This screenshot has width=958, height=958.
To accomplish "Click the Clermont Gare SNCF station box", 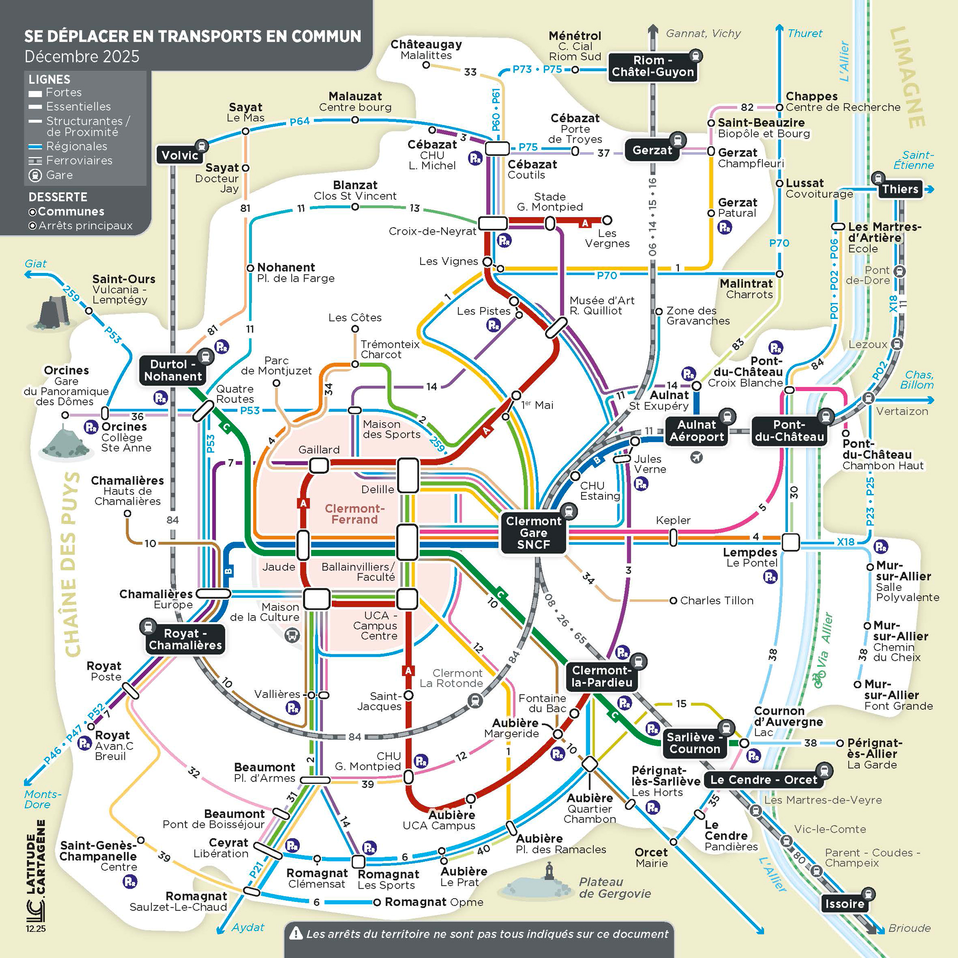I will point(533,533).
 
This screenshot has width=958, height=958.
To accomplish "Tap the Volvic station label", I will point(180,155).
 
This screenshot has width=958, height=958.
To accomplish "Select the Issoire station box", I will point(844,903).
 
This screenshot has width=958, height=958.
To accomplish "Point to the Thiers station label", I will point(900,189).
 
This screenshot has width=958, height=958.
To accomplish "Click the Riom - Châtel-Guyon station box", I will point(652,66).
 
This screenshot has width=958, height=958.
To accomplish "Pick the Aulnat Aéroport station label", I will point(696,431).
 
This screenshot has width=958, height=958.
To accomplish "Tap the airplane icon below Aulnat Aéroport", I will point(696,456).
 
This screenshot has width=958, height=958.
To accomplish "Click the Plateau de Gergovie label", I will point(615,888).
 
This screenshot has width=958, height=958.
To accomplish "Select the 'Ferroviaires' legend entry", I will point(79,160).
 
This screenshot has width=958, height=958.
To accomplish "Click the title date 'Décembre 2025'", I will point(82,57).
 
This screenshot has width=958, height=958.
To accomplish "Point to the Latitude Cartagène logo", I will point(36,878).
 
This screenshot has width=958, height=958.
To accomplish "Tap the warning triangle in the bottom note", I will point(296,933).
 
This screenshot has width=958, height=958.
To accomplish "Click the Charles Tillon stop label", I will point(716,601).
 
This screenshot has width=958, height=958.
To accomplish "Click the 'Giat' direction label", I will point(36,263).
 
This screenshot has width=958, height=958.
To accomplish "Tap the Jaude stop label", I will point(279,566).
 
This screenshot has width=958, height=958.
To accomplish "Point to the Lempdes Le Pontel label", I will point(750,557).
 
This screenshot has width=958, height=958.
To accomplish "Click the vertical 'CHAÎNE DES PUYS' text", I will point(72,565).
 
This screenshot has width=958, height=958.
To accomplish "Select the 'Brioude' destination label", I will point(910,928).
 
